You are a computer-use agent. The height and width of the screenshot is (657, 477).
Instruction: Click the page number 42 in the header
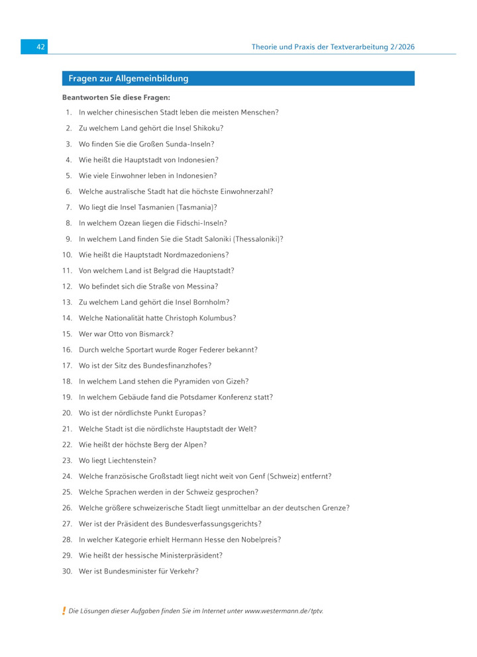tap(40, 47)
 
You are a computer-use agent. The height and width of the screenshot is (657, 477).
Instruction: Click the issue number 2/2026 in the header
tap(399, 47)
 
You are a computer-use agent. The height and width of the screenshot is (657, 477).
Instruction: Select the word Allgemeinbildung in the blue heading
tap(152, 79)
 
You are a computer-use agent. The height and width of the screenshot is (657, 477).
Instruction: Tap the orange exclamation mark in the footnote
tap(64, 611)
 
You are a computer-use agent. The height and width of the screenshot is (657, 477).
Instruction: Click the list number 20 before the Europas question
tap(67, 413)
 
